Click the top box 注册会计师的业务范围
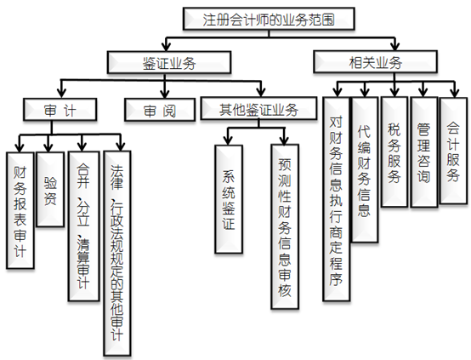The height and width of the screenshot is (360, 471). (269, 19)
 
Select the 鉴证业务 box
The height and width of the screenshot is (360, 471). (169, 62)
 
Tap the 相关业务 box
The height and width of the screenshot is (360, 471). (375, 61)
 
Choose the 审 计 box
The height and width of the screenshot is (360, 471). (60, 110)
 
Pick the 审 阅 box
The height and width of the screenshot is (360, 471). (160, 110)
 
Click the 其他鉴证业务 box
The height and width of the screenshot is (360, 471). (258, 108)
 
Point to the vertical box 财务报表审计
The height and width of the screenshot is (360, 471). (20, 210)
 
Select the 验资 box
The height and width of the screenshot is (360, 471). (50, 189)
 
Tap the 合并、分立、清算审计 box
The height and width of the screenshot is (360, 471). (84, 226)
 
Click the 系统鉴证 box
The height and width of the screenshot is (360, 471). (229, 199)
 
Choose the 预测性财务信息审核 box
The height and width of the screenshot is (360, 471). (285, 226)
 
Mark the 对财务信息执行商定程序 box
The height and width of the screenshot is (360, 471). (336, 199)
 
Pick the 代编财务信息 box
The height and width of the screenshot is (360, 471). (365, 169)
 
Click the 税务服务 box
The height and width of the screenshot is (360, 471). (394, 151)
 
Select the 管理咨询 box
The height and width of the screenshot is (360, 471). (424, 152)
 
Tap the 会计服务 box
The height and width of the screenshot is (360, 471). (454, 151)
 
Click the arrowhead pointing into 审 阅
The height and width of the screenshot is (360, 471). (164, 94)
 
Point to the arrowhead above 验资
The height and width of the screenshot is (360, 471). (48, 147)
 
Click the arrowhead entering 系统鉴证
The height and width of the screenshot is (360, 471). (229, 140)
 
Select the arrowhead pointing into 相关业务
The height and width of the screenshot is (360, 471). (395, 46)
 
